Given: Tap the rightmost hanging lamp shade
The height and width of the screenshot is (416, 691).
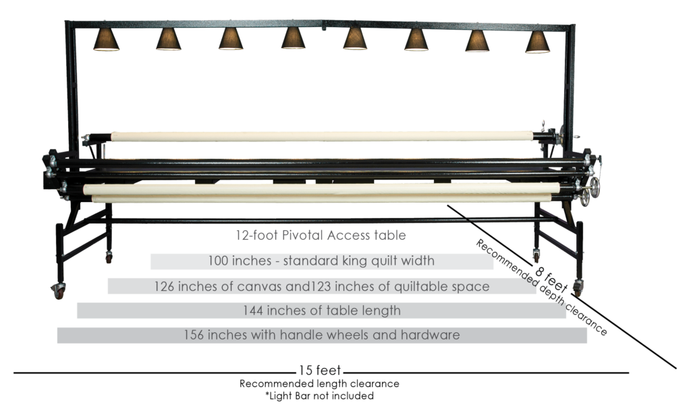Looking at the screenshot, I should point(538,42).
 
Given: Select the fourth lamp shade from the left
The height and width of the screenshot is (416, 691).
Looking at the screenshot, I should point(293,39).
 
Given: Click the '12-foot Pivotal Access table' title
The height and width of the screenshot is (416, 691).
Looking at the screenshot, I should point(320,236).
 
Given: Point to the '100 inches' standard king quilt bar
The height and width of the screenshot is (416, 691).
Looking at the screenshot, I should point(321,261).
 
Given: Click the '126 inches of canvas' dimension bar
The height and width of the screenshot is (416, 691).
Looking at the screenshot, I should point(321,286).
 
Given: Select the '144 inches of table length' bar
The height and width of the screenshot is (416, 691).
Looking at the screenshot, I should point(321,311).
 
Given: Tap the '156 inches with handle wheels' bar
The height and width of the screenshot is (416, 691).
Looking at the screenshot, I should point(321,335).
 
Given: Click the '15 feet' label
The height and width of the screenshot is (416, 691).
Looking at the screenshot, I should point(321,371).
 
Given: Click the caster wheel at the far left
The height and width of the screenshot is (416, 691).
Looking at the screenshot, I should point(59,292).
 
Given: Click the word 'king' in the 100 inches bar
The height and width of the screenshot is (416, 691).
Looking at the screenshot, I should point(355,261).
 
